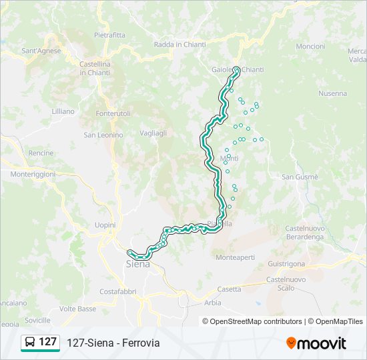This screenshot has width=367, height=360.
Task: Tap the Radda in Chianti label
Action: click(179, 45)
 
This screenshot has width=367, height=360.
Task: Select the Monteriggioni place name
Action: click(33, 173)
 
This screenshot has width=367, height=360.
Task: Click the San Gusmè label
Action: click(300, 177)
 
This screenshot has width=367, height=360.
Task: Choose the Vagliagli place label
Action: click(153, 133)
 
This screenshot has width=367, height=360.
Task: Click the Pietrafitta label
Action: click(109, 35)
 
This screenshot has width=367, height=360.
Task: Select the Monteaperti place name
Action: click(235, 257)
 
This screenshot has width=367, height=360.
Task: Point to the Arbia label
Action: click(213, 303)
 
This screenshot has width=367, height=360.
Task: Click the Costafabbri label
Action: click(118, 291)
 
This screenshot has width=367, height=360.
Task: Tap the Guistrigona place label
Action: click(286, 263)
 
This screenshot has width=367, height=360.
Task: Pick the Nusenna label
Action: click(332, 94)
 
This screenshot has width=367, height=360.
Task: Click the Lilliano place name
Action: click(63, 111)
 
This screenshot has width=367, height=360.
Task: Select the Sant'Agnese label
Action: click(41, 51)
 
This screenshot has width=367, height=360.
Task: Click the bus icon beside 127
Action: click(30, 343)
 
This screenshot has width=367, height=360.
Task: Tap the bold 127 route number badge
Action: click(47, 342)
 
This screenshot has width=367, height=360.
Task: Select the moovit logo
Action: click(316, 343)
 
